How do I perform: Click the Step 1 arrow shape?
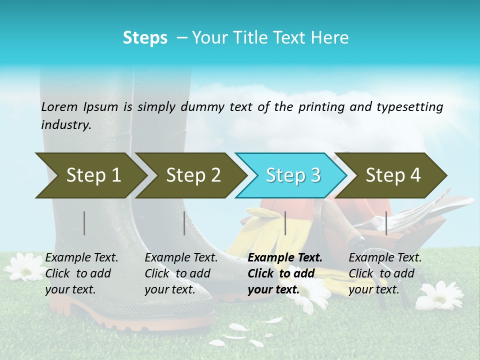coord(90,175)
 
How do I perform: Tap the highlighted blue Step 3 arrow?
coord(292,175)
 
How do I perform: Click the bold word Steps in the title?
coord(145,38)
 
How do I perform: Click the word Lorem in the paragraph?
coord(59,106)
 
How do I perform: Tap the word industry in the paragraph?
coord(65,125)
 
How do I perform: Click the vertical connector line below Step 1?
coord(84,223)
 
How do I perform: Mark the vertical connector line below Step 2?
coord(184,223)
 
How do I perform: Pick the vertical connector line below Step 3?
coord(285,223)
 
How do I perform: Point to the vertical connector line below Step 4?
coord(386,223)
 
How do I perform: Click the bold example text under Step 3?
coord(284,273)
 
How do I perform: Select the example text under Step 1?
coord(81,273)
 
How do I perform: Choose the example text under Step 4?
coord(384,273)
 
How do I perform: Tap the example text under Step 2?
coord(180,273)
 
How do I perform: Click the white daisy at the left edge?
coord(22,266)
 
